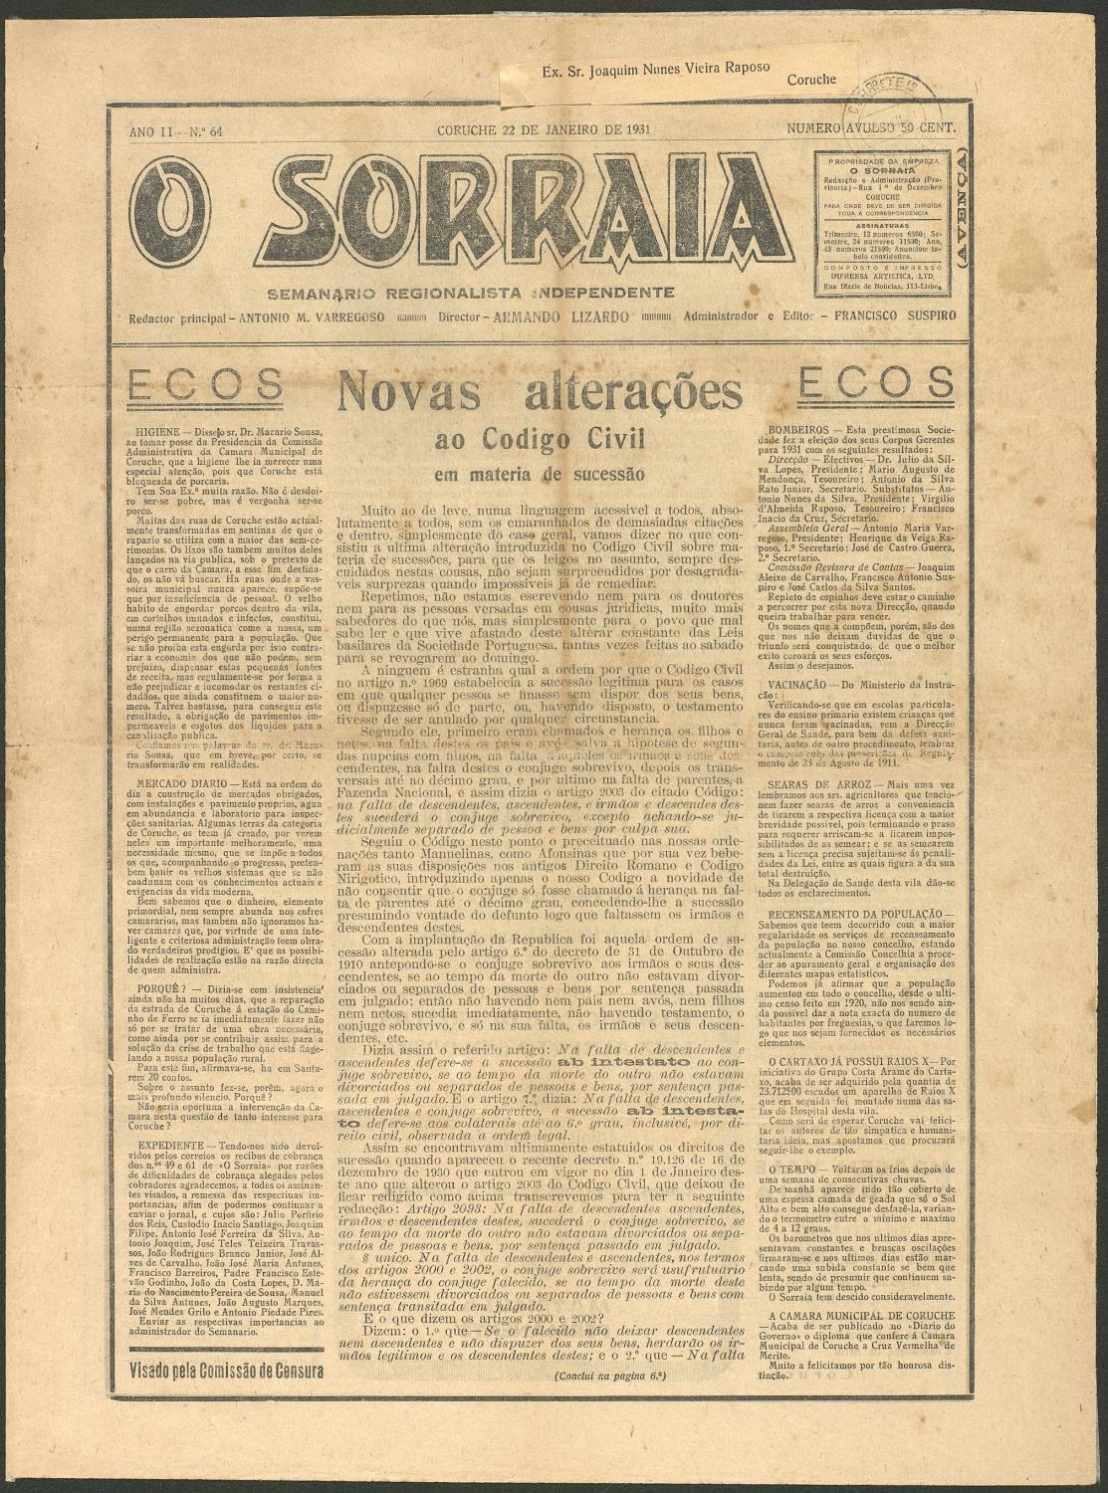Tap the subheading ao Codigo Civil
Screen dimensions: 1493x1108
(x=540, y=439)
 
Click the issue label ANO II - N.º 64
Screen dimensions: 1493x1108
(x=175, y=130)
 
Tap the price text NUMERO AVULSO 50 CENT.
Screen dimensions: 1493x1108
(x=871, y=129)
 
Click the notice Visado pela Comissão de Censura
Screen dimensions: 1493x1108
(x=227, y=1370)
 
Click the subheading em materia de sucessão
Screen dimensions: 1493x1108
(x=540, y=475)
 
